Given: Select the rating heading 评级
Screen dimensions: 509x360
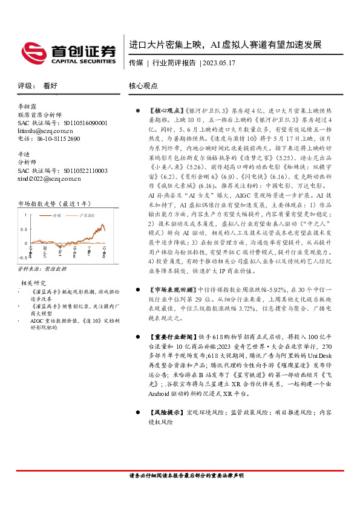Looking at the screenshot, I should (x=25, y=86).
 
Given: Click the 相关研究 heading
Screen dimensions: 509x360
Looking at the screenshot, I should (x=34, y=282).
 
